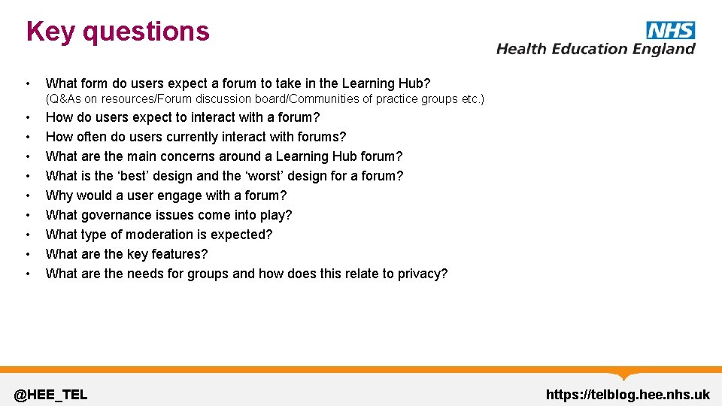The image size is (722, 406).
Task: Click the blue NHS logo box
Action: pos(670,30)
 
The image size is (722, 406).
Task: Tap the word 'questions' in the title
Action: pos(146,32)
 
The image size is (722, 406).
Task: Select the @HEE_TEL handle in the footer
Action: pos(51,394)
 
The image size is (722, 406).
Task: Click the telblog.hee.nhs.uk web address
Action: pos(627,394)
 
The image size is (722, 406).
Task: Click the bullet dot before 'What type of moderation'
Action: pos(27,235)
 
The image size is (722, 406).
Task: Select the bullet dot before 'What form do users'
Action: pos(27,83)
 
